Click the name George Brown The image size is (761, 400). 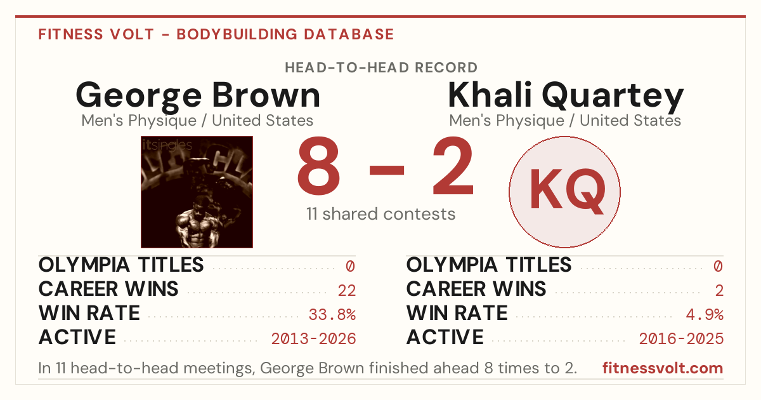click(x=198, y=97)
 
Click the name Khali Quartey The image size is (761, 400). click(x=566, y=97)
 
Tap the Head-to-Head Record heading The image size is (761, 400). click(x=381, y=68)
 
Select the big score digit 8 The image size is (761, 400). click(x=318, y=166)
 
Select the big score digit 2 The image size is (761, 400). click(x=453, y=166)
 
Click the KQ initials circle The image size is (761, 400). click(x=564, y=192)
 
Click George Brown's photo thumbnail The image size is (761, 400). click(x=197, y=192)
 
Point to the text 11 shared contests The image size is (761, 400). click(x=381, y=214)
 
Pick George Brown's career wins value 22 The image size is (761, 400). click(x=346, y=291)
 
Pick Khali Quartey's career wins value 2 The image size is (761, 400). click(x=719, y=291)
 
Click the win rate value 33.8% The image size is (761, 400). click(x=332, y=315)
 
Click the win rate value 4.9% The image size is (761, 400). click(x=705, y=315)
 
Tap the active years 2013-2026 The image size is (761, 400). click(x=313, y=339)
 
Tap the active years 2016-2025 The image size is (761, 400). click(x=681, y=339)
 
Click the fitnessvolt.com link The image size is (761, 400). click(x=663, y=368)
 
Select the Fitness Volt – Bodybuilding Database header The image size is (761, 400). click(x=216, y=34)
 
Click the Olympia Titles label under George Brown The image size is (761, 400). click(x=121, y=265)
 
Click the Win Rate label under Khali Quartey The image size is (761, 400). click(x=457, y=313)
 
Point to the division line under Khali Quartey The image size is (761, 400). click(x=565, y=121)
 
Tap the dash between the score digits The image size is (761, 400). click(x=387, y=170)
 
